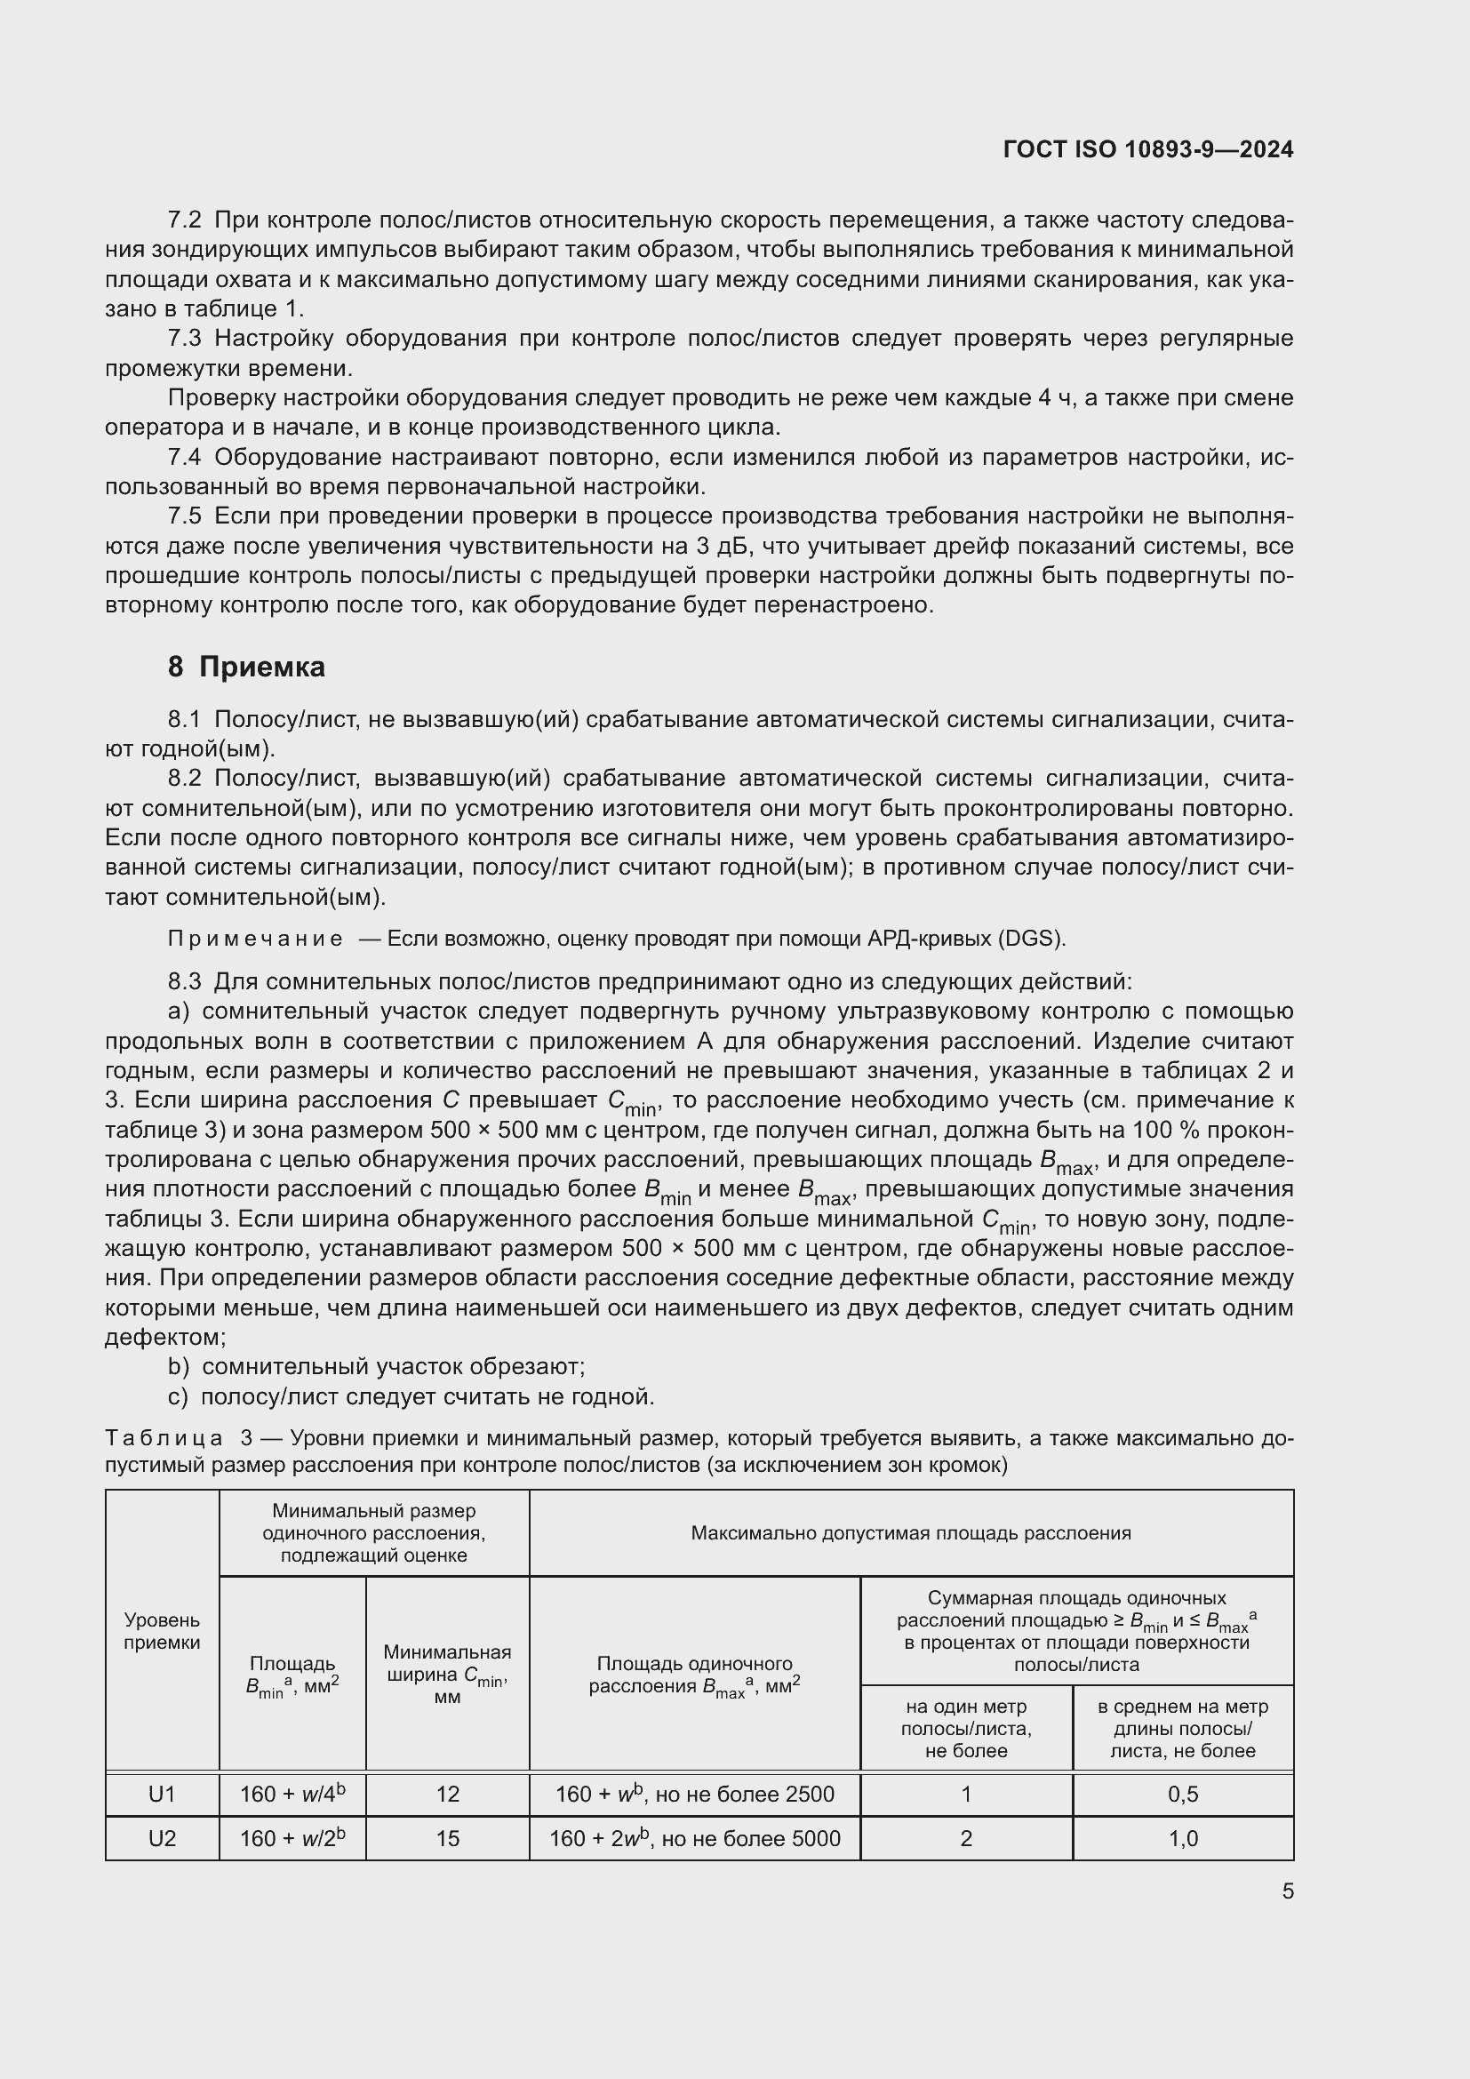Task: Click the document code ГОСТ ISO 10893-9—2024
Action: pyautogui.click(x=1147, y=149)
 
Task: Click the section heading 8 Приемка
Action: pyautogui.click(x=246, y=668)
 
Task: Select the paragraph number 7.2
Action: pyautogui.click(x=185, y=220)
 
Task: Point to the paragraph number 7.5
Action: pyautogui.click(x=185, y=516)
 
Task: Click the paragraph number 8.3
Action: pyautogui.click(x=185, y=980)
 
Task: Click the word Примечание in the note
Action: pyautogui.click(x=255, y=938)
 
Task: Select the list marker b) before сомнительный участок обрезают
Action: pyautogui.click(x=179, y=1366)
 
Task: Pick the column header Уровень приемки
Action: pyautogui.click(x=162, y=1631)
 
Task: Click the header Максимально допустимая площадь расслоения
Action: pyautogui.click(x=911, y=1533)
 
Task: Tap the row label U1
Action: pyautogui.click(x=162, y=1794)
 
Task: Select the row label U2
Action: pyautogui.click(x=162, y=1838)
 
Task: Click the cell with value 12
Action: pyautogui.click(x=447, y=1794)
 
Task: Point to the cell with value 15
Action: pyautogui.click(x=447, y=1838)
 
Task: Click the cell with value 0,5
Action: pyautogui.click(x=1182, y=1794)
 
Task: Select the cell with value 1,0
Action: pyautogui.click(x=1182, y=1838)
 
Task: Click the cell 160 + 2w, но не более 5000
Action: pyautogui.click(x=694, y=1838)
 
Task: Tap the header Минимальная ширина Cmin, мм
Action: pyautogui.click(x=447, y=1675)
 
